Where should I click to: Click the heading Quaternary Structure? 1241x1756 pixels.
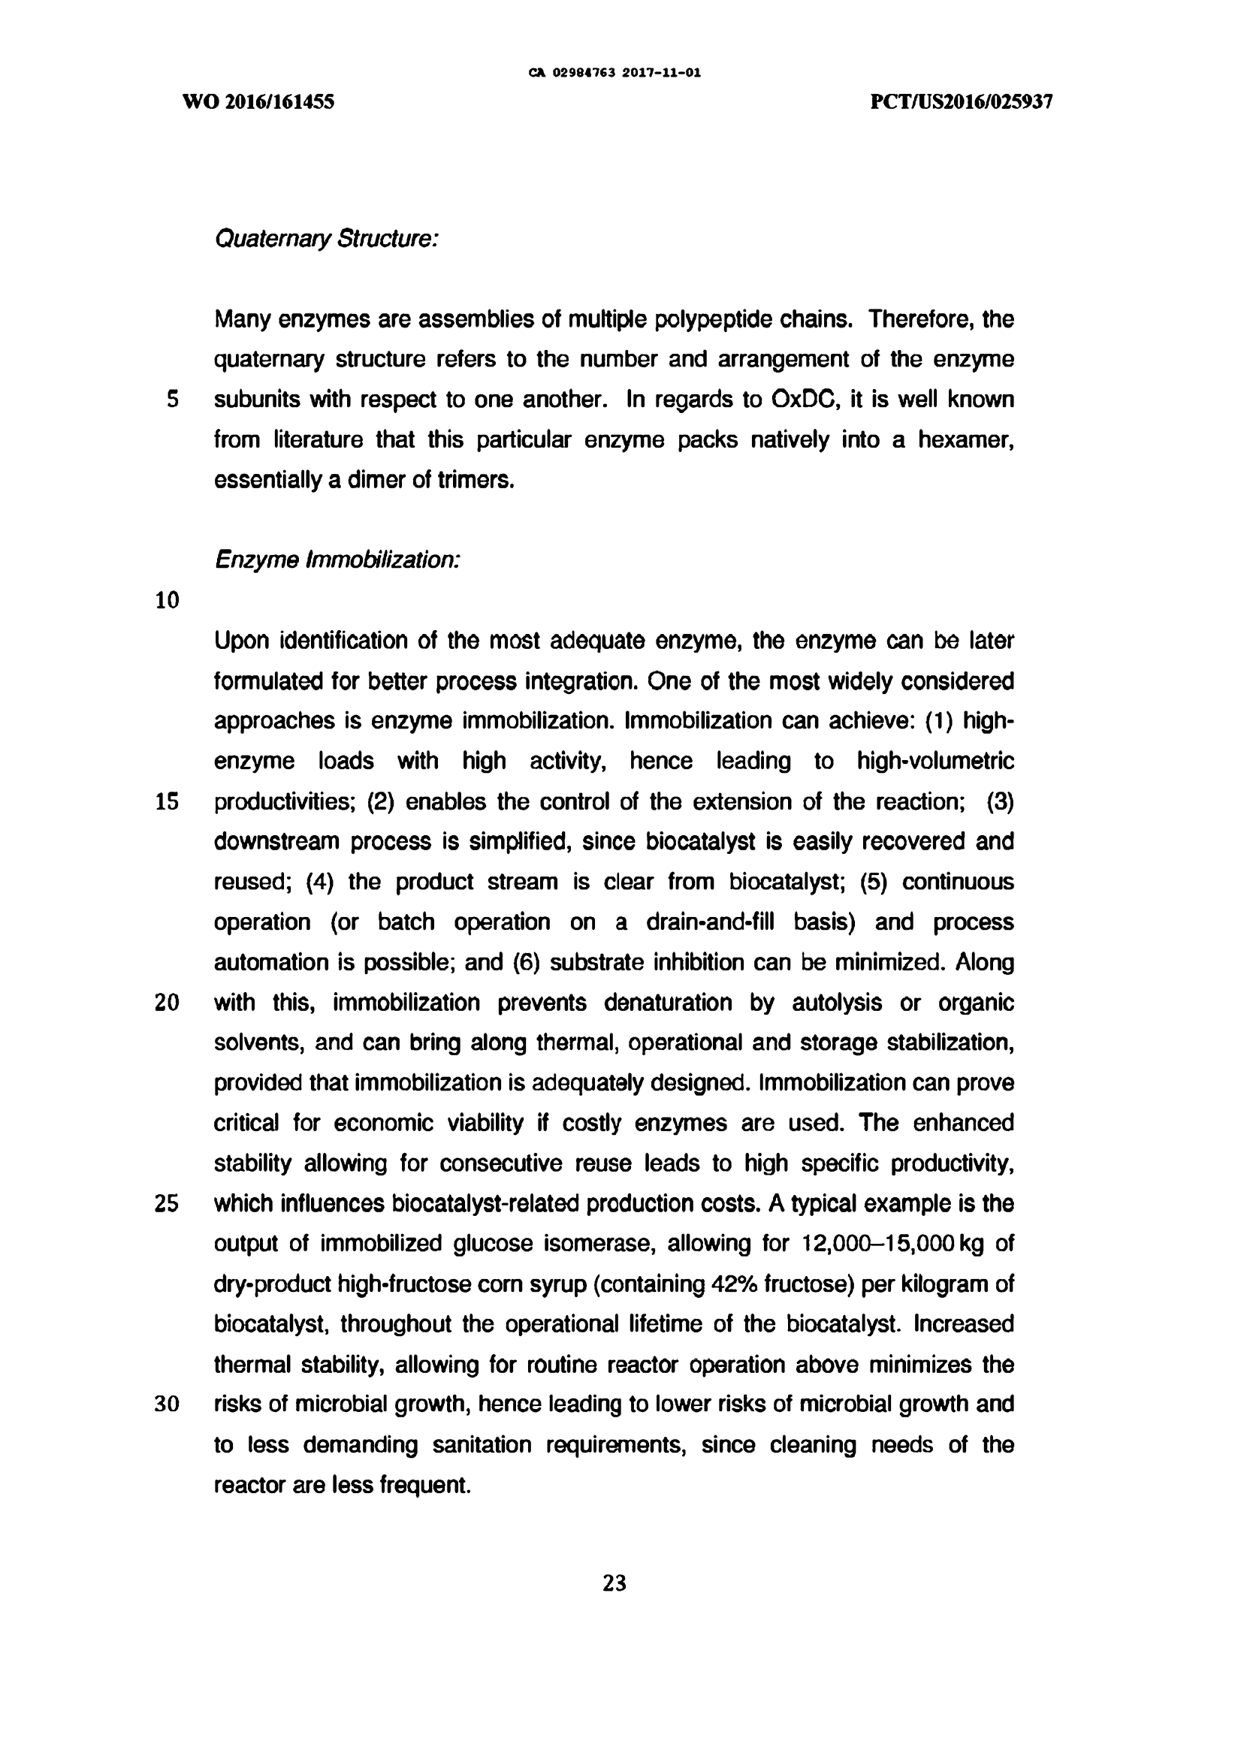(x=326, y=240)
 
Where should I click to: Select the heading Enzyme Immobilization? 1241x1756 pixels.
(x=337, y=560)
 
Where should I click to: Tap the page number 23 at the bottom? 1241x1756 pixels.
(x=614, y=1583)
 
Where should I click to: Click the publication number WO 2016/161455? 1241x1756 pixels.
(x=258, y=101)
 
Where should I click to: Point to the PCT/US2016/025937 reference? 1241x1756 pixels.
(x=962, y=101)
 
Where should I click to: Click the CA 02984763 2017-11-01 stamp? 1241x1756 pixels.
(x=614, y=74)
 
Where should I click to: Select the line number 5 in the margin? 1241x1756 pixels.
(x=172, y=400)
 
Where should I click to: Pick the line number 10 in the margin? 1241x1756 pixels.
(x=167, y=600)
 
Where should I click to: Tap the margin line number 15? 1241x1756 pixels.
(x=167, y=801)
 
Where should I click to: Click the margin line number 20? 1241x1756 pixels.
(x=167, y=1002)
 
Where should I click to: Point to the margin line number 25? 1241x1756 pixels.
(x=167, y=1203)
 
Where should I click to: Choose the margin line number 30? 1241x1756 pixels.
(x=167, y=1404)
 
